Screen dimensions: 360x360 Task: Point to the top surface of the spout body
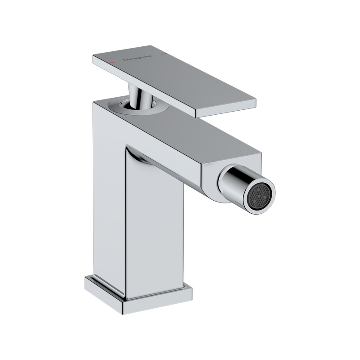(189, 130)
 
